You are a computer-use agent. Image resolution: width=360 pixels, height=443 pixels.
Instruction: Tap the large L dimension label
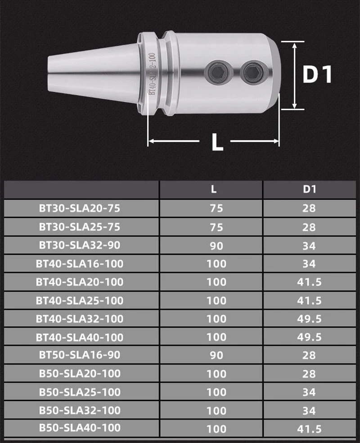(x=217, y=142)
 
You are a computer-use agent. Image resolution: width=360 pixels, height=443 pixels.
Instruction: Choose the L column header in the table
(x=214, y=189)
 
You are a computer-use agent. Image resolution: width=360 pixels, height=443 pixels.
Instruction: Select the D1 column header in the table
(x=309, y=189)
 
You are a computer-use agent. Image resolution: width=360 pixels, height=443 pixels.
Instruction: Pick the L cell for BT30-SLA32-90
(x=216, y=246)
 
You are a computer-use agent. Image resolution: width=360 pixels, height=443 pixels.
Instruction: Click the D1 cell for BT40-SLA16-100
(x=309, y=264)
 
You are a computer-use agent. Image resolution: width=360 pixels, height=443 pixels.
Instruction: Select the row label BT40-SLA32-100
(x=80, y=319)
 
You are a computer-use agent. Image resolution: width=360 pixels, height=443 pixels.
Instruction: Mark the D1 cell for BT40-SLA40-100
(x=309, y=337)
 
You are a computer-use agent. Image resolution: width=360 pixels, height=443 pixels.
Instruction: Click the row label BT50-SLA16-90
(x=80, y=355)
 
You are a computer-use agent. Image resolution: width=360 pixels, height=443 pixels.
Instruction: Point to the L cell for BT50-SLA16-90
(x=216, y=355)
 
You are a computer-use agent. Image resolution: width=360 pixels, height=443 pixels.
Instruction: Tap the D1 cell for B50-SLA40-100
(x=309, y=429)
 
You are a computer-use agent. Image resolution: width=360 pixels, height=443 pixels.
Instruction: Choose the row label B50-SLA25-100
(x=80, y=392)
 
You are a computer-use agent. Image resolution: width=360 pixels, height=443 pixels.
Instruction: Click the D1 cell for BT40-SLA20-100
(x=309, y=282)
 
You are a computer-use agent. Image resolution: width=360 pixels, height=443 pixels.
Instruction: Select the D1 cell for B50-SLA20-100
(x=309, y=374)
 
